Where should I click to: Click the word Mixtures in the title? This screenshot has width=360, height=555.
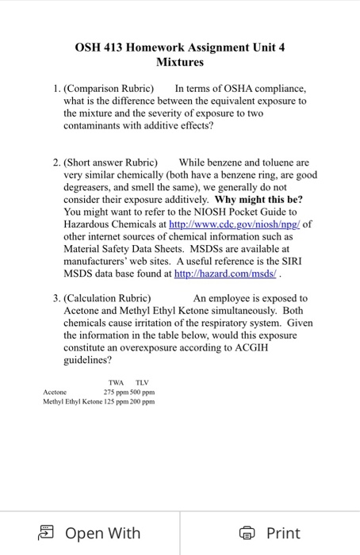tap(180, 61)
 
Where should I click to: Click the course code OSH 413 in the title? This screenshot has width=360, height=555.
tap(103, 47)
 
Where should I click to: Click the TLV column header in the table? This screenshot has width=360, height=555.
tap(143, 381)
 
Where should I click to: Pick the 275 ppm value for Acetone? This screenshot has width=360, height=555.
tap(117, 392)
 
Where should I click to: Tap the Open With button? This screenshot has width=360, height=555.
tap(91, 533)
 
